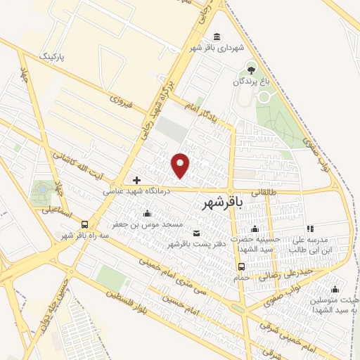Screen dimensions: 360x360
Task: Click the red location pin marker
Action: [181, 165]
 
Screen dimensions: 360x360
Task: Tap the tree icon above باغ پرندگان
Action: [250, 70]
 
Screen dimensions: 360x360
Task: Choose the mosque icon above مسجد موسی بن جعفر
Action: [146, 213]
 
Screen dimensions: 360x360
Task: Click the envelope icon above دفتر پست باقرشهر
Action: [195, 233]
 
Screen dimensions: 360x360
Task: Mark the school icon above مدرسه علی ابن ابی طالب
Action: [309, 229]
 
